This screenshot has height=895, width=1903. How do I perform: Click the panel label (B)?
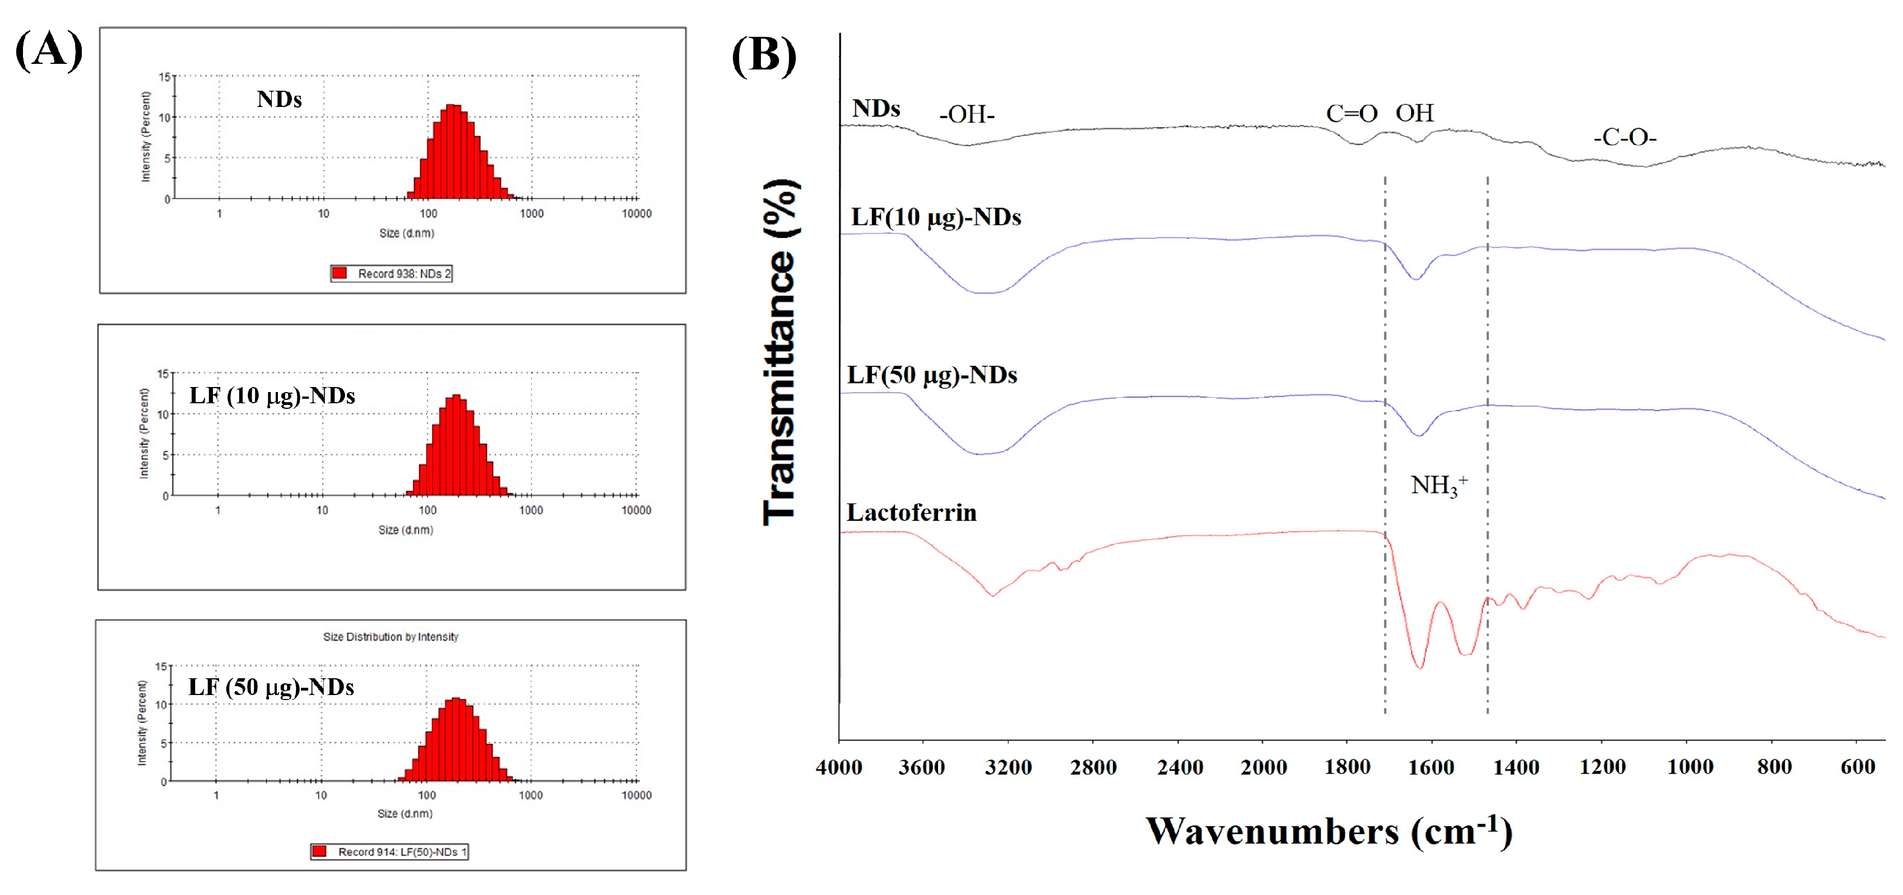tap(764, 55)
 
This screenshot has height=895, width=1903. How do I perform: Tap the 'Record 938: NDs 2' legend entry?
tap(392, 273)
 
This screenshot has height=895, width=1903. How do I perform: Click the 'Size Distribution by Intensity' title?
tap(390, 637)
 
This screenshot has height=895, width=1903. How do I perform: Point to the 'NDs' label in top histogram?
tap(279, 99)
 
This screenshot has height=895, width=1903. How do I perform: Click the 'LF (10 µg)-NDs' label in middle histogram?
tap(272, 396)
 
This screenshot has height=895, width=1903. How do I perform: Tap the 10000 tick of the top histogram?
tap(636, 213)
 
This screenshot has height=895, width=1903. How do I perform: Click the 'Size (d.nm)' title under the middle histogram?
tap(406, 529)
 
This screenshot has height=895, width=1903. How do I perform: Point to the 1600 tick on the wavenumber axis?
tap(1431, 767)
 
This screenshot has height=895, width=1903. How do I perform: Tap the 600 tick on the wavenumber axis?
tap(1857, 767)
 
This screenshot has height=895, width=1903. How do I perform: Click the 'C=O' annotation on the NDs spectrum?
tap(1351, 114)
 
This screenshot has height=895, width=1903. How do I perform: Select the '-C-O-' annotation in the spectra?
tap(1624, 137)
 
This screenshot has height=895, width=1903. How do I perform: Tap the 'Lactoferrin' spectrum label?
tap(911, 512)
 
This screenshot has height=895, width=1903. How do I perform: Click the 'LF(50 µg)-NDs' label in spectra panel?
tap(931, 375)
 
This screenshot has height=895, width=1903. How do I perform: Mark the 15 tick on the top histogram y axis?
tap(165, 77)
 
